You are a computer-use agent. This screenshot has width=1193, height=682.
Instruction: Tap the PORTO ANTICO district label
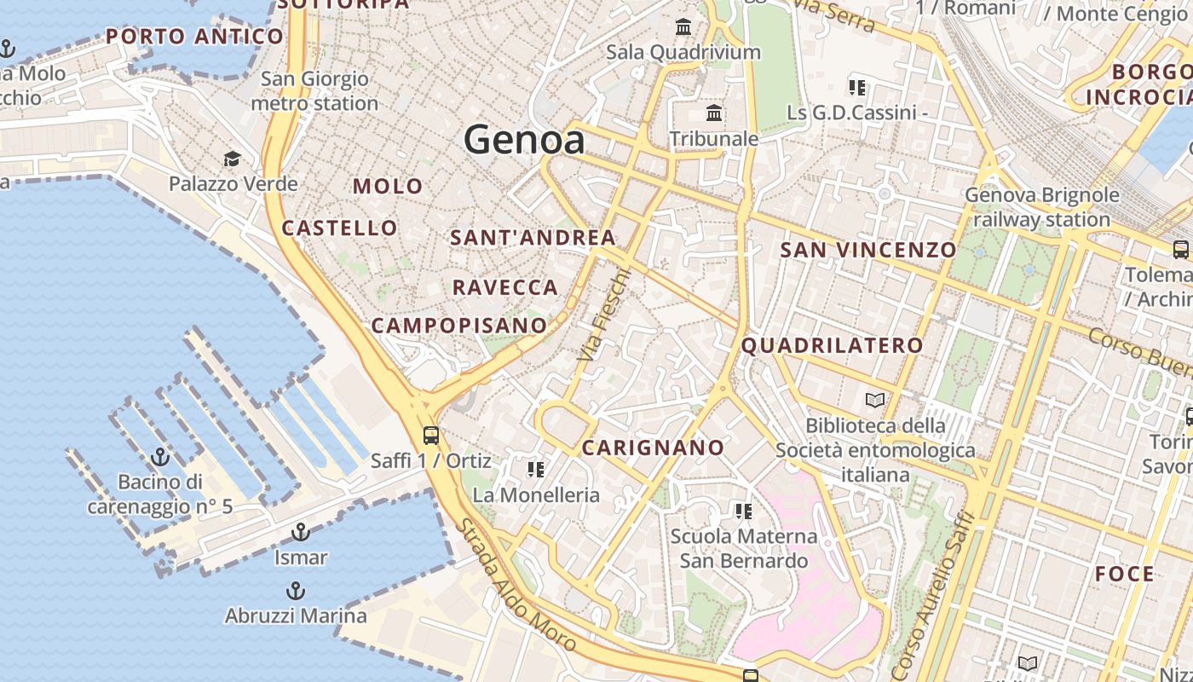pos(194,37)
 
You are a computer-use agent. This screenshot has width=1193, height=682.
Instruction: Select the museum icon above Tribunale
pos(714,113)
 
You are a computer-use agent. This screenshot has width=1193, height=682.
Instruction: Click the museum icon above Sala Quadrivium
pos(683,27)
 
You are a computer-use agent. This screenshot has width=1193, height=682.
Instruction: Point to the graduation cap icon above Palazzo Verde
pos(232,159)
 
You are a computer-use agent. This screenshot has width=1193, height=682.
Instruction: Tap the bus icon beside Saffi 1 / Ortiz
pos(431,436)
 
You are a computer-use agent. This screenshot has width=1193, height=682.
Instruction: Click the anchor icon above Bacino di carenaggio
pos(160,458)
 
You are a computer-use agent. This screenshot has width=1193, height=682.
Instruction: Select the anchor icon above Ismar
pos(300,533)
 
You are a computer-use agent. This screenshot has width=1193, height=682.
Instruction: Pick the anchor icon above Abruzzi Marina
pos(295,591)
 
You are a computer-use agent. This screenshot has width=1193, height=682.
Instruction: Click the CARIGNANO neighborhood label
pos(653,448)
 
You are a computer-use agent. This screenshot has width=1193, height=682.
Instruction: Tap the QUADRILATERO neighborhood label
pos(832,345)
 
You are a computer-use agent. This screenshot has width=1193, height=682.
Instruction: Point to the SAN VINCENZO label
pos(868,250)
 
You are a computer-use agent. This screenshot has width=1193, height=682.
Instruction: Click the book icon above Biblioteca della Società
pos(875,400)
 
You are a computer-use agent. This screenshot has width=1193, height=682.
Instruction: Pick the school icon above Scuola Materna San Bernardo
pos(743,511)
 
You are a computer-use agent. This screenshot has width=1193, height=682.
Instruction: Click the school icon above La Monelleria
pos(535,470)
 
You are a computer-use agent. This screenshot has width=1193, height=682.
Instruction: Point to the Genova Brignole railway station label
pos(1041,207)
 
